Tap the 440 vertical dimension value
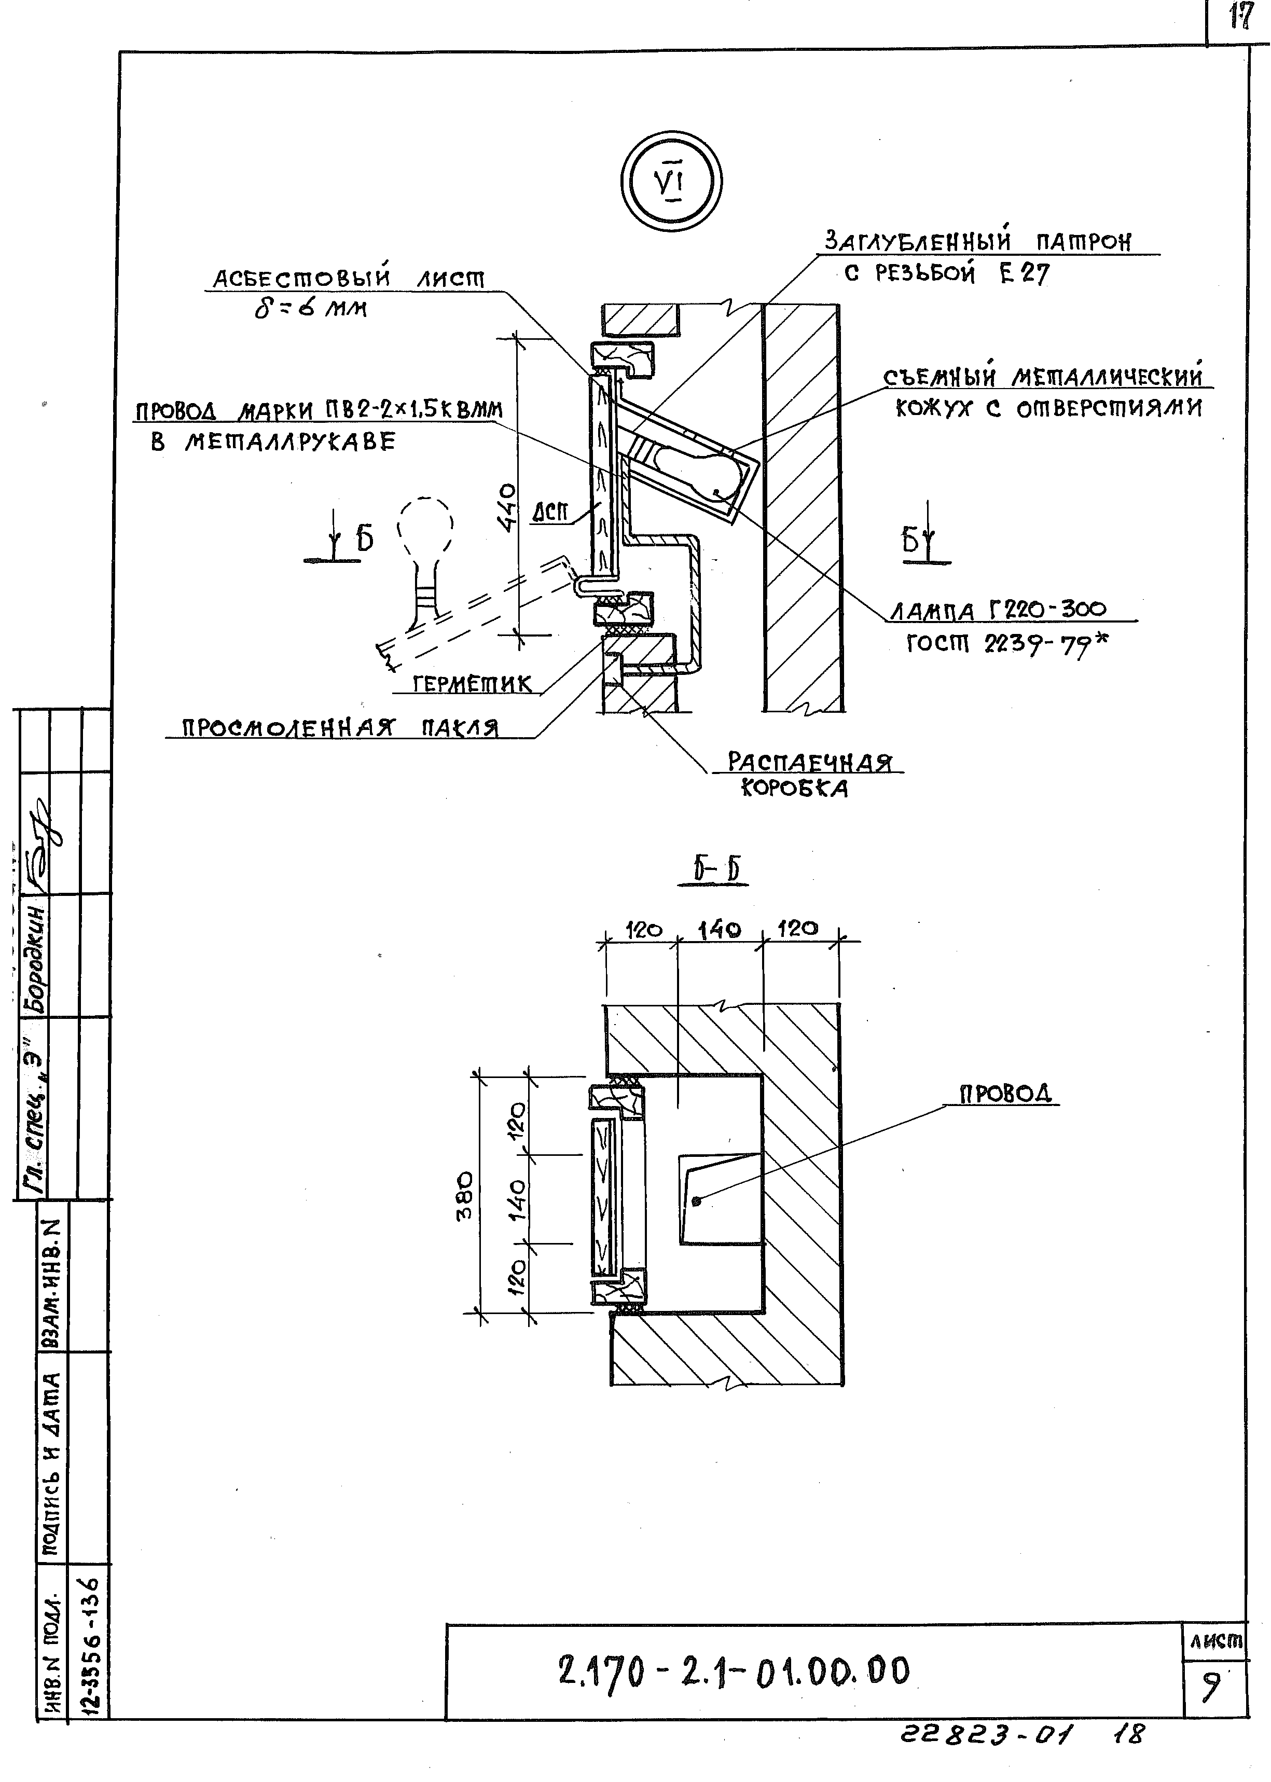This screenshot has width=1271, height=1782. [509, 507]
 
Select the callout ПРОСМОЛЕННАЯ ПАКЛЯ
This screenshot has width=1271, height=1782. [340, 728]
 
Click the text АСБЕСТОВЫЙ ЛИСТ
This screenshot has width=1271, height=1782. [349, 278]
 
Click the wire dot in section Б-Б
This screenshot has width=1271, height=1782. [697, 1201]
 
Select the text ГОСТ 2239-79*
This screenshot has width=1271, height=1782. [1006, 644]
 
